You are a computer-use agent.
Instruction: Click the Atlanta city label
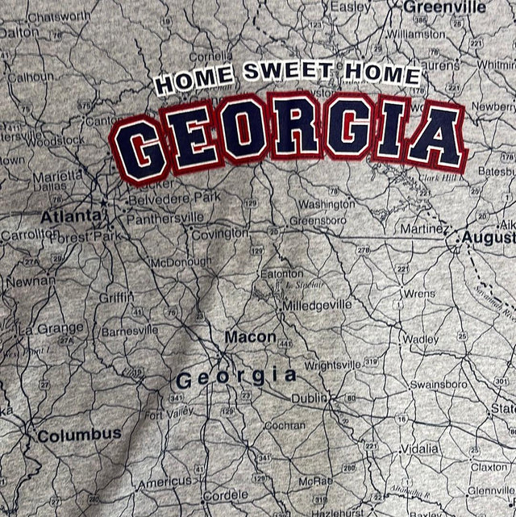coord(72,216)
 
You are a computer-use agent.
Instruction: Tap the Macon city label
coord(250,337)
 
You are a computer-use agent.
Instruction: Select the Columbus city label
coord(80,435)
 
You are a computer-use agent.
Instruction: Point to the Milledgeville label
coord(317,305)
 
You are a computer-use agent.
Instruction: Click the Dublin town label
coord(309,398)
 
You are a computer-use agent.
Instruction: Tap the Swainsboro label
coord(438,384)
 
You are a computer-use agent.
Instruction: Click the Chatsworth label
coord(59,16)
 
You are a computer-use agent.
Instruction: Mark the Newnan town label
coord(31,281)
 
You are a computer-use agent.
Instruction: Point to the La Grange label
coord(51,328)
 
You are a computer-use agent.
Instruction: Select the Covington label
coord(220,234)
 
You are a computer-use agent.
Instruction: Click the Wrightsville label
coord(332,365)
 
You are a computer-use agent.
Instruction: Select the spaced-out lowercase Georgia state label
coord(235,376)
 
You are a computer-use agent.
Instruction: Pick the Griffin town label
coord(117,297)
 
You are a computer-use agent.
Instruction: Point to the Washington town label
coord(327,204)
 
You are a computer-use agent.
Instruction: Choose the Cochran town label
coord(285,425)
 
